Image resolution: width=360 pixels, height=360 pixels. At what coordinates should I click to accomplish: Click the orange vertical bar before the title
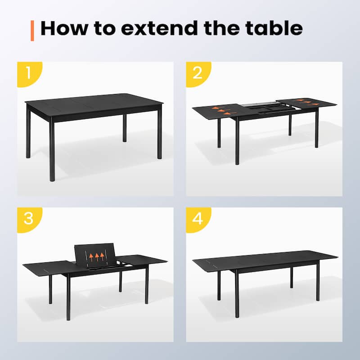click(x=32, y=29)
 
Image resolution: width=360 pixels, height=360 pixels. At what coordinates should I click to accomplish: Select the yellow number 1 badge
click(x=28, y=72)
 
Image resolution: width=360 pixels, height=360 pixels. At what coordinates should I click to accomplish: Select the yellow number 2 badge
click(x=197, y=72)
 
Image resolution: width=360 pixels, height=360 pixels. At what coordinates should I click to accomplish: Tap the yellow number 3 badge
click(x=28, y=218)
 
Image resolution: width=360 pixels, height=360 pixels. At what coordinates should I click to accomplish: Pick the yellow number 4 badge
click(x=197, y=218)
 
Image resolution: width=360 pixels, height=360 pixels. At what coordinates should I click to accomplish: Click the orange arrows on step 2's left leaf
click(x=220, y=110)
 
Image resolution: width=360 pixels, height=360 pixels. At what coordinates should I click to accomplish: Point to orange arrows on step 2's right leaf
click(x=306, y=101)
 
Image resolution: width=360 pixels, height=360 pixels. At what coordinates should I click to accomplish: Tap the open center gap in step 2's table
click(x=261, y=108)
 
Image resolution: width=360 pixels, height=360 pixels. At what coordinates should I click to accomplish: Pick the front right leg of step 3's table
click(x=146, y=283)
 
